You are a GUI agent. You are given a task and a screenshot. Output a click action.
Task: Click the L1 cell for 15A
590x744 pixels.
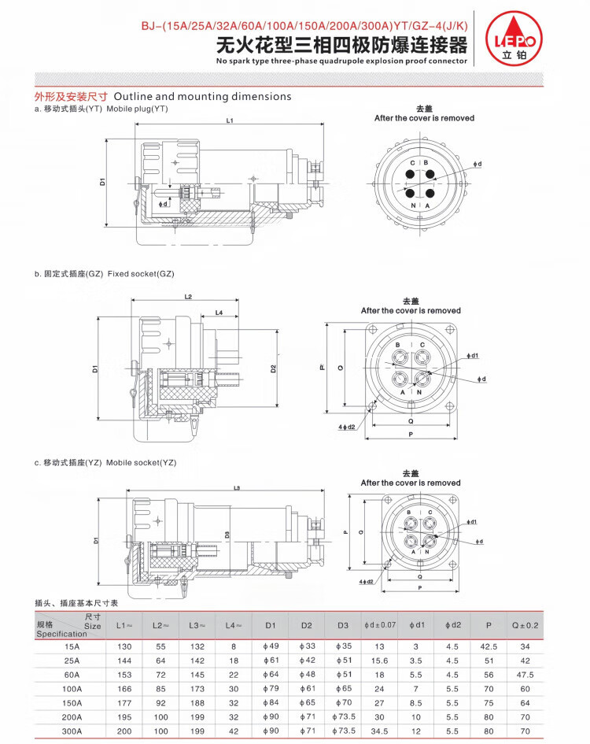click(x=124, y=646)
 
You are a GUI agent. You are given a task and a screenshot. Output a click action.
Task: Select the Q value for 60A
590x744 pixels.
click(x=525, y=675)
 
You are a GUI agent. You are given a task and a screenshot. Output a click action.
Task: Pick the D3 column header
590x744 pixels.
click(x=343, y=625)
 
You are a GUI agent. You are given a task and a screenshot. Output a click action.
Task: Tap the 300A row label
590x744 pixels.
click(x=72, y=731)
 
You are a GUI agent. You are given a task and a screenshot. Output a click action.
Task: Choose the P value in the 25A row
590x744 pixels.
click(x=489, y=661)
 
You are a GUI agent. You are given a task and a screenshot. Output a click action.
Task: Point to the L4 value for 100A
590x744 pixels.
click(x=234, y=689)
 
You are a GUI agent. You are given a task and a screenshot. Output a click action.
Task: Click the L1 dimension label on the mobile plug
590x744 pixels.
click(x=230, y=120)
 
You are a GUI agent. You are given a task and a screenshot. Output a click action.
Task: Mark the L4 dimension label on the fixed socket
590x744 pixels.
click(x=219, y=313)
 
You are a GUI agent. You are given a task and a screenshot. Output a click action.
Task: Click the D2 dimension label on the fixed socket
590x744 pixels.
click(x=273, y=368)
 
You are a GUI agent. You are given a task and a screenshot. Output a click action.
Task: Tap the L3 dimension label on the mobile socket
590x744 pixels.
click(x=237, y=488)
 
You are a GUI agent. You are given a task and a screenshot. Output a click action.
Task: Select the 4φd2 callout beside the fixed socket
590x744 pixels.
click(x=347, y=427)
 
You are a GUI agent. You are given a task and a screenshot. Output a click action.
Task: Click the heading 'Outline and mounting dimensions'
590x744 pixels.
click(x=202, y=96)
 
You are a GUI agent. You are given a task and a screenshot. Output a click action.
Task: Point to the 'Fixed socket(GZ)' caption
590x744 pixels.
click(x=141, y=274)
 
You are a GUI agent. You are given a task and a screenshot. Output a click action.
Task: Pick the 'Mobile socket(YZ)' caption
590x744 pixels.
click(x=142, y=463)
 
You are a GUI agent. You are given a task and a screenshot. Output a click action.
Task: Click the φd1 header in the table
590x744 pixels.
click(x=417, y=625)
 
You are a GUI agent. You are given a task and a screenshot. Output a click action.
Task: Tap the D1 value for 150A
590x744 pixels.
click(x=271, y=703)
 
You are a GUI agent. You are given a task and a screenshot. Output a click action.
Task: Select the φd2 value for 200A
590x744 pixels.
click(x=452, y=717)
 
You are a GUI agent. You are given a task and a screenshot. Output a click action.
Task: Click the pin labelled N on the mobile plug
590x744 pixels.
click(x=410, y=193)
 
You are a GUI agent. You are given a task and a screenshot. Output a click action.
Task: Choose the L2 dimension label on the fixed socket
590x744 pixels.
click(x=188, y=297)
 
